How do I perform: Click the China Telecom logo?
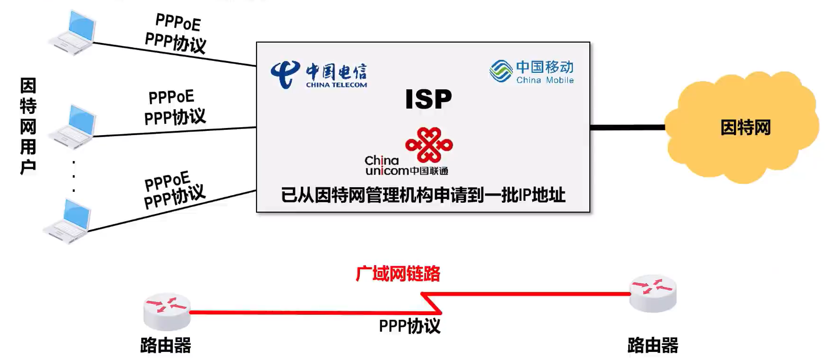pos(319,75)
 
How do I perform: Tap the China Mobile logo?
pos(532,72)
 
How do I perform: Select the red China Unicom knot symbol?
pos(429,145)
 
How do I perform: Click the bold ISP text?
pos(428,99)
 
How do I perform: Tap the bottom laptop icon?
pos(67,221)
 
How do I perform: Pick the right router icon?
pos(653,293)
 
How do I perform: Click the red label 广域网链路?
pos(398,274)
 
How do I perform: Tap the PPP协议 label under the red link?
pos(409,326)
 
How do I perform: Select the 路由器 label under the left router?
pos(166,345)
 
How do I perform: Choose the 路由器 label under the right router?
pos(653,345)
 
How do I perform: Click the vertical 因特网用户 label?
pos(28,126)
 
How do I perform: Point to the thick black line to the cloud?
pos(628,127)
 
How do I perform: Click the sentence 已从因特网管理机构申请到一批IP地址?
pos(423,195)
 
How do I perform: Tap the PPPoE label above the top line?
pos(178,22)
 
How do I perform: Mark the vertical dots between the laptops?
pos(74,176)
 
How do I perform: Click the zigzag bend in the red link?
pos(431,303)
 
